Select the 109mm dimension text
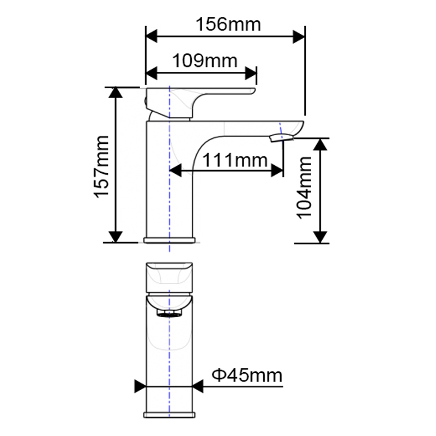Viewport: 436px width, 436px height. tap(205, 60)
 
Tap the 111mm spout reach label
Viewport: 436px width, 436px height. tap(235, 160)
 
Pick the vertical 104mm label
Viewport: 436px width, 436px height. tap(304, 187)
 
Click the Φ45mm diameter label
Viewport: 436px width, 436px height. tap(247, 376)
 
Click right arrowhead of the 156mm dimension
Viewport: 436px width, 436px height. tap(298, 37)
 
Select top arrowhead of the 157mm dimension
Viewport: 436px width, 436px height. tap(115, 93)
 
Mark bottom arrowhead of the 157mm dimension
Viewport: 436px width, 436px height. tap(115, 236)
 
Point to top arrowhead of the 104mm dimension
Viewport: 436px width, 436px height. tap(320, 144)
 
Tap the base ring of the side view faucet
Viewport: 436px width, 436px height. tap(169, 240)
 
